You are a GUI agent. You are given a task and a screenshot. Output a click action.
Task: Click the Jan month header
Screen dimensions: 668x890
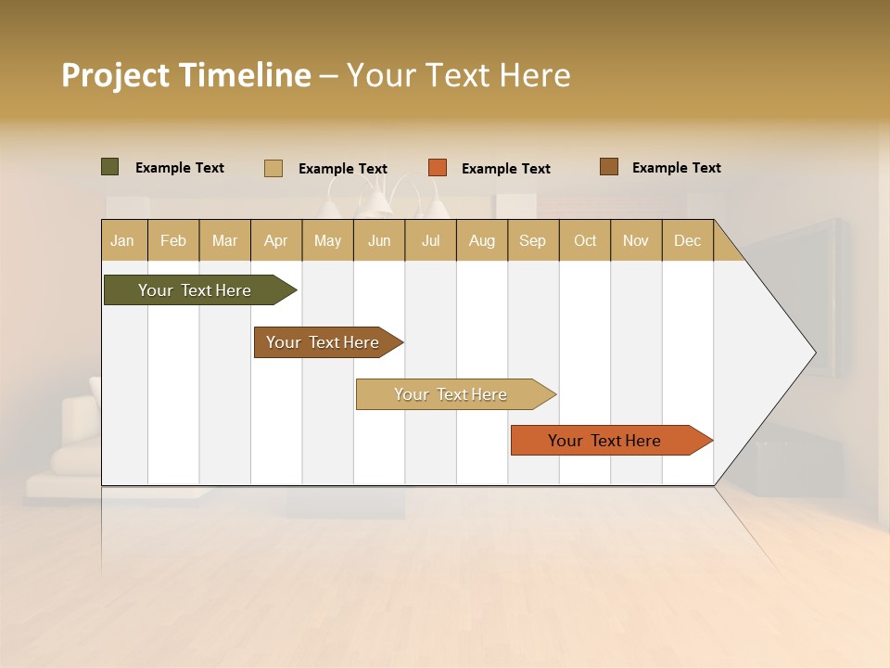point(122,240)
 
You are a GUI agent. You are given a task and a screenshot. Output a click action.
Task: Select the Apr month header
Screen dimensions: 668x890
point(276,240)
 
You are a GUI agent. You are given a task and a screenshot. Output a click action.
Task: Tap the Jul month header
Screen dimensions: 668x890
point(430,240)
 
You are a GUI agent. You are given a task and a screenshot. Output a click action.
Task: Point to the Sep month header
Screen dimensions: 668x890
point(532,240)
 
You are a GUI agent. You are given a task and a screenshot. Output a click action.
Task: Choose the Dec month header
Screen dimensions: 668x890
point(687,240)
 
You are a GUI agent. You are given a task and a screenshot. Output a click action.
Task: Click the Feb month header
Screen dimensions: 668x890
point(173,240)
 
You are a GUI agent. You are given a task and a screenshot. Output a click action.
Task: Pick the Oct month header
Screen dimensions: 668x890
point(585,240)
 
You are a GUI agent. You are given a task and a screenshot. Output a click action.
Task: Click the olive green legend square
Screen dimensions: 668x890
point(109,167)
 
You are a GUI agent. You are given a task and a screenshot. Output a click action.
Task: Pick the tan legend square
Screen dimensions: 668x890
point(273,168)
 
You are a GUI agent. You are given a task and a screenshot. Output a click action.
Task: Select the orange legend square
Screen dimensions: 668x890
point(438,168)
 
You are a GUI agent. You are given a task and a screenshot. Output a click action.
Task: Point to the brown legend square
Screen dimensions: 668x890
point(608,167)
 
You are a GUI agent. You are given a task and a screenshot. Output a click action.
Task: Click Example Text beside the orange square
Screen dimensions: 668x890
point(505,169)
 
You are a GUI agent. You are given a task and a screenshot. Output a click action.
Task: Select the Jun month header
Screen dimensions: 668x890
point(379,240)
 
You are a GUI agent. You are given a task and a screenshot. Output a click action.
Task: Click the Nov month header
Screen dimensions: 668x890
point(636,240)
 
